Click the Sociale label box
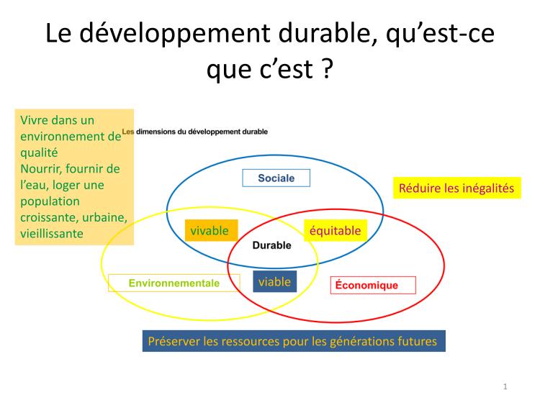tap(276, 178)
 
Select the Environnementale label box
tap(174, 283)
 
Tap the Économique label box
tap(373, 286)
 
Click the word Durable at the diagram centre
tap(271, 245)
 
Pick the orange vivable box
tap(212, 230)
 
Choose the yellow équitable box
tap(336, 230)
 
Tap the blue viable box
tap(275, 281)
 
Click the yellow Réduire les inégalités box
tap(457, 188)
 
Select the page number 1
tap(505, 386)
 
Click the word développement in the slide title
tap(175, 33)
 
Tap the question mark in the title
tap(328, 68)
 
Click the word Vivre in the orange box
tap(34, 120)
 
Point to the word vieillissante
tap(52, 234)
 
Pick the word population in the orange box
tap(50, 201)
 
